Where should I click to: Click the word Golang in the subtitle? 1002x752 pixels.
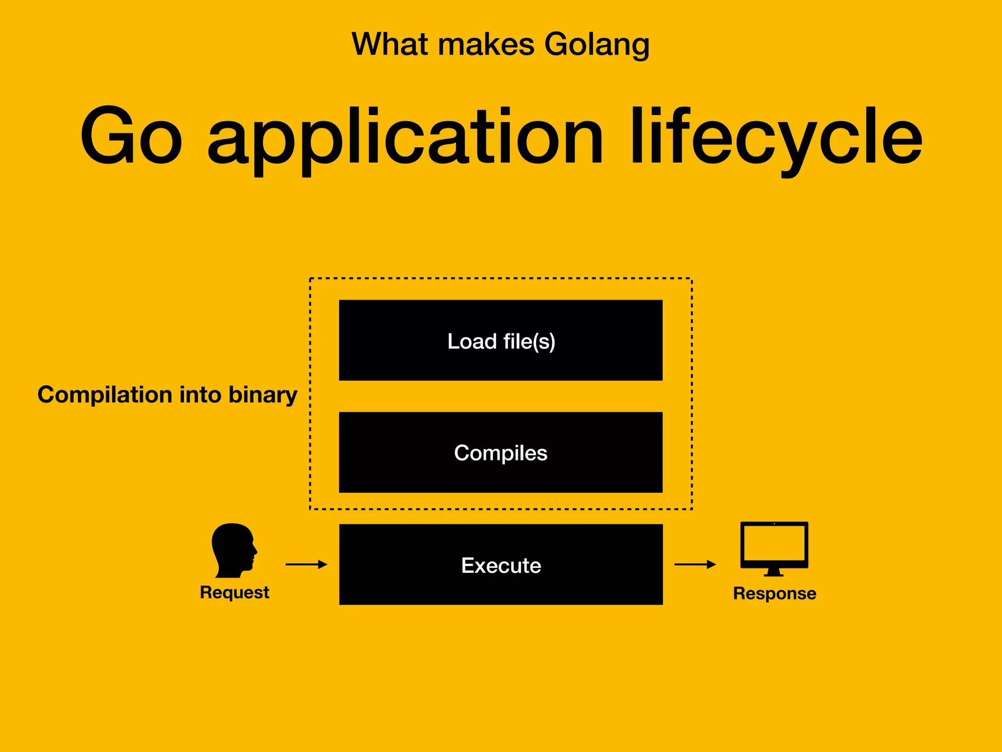(x=596, y=45)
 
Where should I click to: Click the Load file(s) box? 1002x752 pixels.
(x=501, y=340)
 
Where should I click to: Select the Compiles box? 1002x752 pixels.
(x=501, y=452)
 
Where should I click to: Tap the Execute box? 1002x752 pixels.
(x=501, y=564)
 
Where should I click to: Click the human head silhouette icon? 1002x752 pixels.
(x=233, y=550)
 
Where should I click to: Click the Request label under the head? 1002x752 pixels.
(x=234, y=592)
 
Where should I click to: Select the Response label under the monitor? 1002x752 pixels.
(x=774, y=593)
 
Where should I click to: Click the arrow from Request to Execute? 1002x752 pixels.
(x=306, y=564)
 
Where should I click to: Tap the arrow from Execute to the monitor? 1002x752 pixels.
(x=695, y=564)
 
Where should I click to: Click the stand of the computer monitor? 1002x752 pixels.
(x=774, y=572)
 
